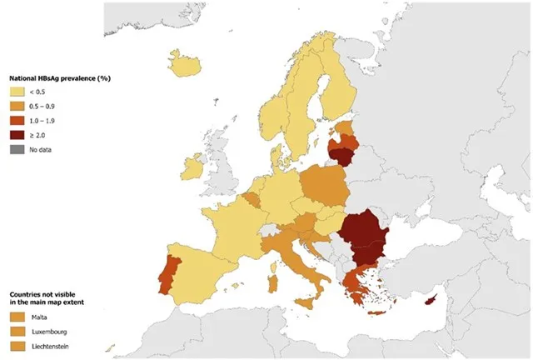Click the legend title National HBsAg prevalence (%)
tap(60, 78)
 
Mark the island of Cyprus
tap(431, 300)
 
